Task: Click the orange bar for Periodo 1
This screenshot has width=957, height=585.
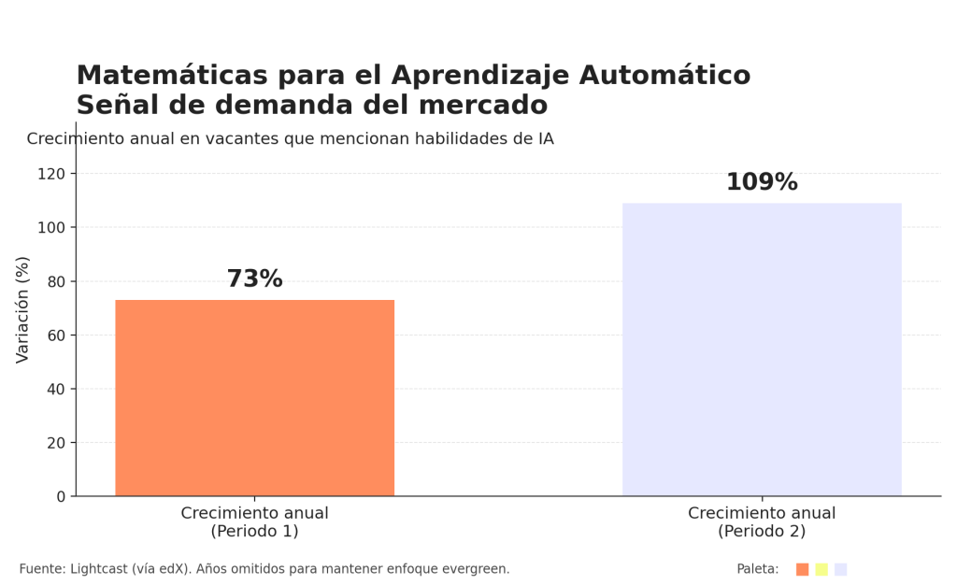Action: [254, 397]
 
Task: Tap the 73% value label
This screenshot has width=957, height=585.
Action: [254, 279]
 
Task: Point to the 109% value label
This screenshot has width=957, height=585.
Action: [762, 182]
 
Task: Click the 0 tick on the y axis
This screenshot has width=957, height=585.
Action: [61, 496]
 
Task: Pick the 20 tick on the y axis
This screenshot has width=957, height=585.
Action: [57, 443]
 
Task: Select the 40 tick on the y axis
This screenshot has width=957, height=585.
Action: [57, 389]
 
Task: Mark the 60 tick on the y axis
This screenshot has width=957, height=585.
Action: [57, 335]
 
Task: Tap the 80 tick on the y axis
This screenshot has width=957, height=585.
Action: [57, 281]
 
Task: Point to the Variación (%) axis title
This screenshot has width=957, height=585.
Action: [23, 309]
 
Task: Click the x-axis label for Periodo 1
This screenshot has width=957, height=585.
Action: [254, 522]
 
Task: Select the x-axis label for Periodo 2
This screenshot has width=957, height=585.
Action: [762, 522]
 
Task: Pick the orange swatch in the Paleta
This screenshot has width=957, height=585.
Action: [802, 569]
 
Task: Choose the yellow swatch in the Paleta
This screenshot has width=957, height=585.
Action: [821, 569]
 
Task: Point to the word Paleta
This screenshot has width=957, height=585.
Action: [757, 569]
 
